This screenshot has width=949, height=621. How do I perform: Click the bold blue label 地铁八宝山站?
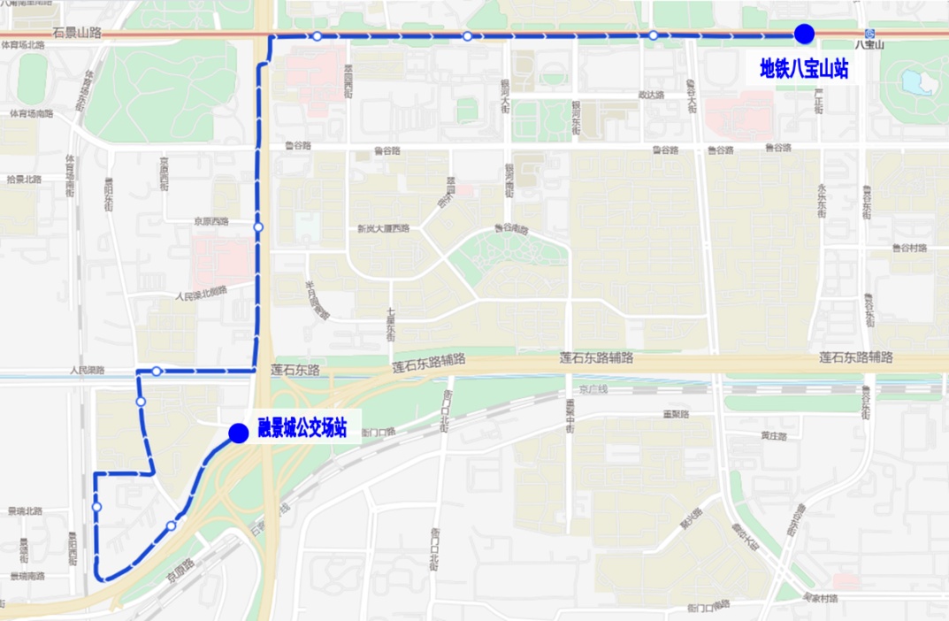click(804, 68)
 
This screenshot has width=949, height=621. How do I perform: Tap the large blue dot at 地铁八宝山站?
click(804, 34)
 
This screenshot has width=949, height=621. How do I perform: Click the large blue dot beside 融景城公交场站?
click(238, 433)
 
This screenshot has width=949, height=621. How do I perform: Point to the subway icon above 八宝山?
click(870, 34)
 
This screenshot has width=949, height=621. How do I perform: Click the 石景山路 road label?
click(77, 33)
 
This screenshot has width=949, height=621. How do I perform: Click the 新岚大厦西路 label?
click(383, 228)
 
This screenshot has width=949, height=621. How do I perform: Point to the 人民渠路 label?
click(88, 371)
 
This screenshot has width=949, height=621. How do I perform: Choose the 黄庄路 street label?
click(774, 436)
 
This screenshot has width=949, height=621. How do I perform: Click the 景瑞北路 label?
click(25, 511)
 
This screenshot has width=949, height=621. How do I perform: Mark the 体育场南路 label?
click(32, 114)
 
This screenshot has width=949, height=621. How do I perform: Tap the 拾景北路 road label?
click(24, 179)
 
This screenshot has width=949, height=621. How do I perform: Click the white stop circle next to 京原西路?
click(258, 227)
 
